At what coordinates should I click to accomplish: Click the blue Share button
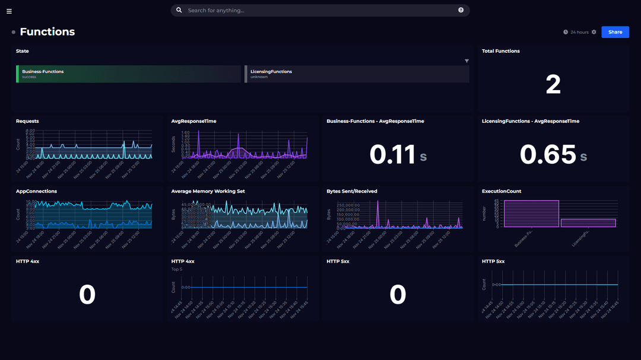tap(615, 32)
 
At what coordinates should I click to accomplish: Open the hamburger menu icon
tap(9, 11)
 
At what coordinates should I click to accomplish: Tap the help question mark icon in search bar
tap(461, 10)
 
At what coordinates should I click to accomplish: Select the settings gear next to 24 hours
tap(594, 32)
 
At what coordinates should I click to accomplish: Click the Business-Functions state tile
tap(128, 74)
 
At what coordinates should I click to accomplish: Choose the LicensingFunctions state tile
tap(357, 74)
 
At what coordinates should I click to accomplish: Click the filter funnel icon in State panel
tap(467, 61)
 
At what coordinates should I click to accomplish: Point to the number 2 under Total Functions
tap(553, 85)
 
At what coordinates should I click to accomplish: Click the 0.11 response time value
tap(392, 155)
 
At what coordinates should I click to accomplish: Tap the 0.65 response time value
tap(548, 155)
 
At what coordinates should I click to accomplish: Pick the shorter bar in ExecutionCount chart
tap(588, 223)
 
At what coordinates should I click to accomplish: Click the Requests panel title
tap(27, 121)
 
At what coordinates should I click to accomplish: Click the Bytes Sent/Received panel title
tap(352, 192)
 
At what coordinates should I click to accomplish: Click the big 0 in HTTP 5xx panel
tap(398, 295)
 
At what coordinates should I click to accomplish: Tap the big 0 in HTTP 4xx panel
tap(87, 295)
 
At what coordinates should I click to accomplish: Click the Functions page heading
tap(47, 32)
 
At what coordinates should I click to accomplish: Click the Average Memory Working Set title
tap(208, 192)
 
